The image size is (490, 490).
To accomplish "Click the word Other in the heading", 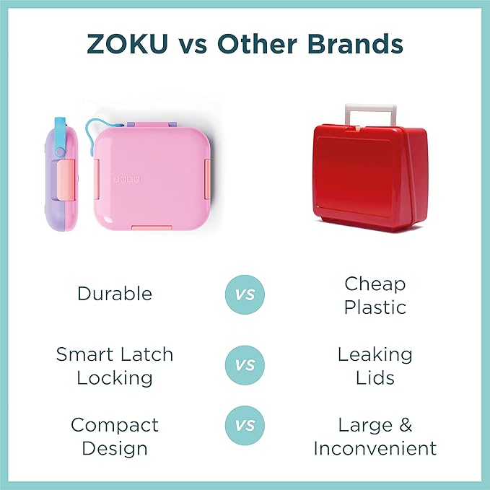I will (x=261, y=44).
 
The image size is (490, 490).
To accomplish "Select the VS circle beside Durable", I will (x=245, y=294).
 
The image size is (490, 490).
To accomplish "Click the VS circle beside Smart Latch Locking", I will (x=245, y=365).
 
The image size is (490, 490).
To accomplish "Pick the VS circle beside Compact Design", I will (x=245, y=425).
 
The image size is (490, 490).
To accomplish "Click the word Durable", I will (x=115, y=294).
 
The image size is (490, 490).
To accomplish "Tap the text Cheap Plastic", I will (x=375, y=294).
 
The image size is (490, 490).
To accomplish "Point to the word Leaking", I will (x=375, y=354).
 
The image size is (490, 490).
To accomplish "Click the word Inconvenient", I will (x=375, y=448).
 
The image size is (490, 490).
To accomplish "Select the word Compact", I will (x=115, y=424).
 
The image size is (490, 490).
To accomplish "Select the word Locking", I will (x=115, y=377).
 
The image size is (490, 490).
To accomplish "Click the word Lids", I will (x=375, y=377).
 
